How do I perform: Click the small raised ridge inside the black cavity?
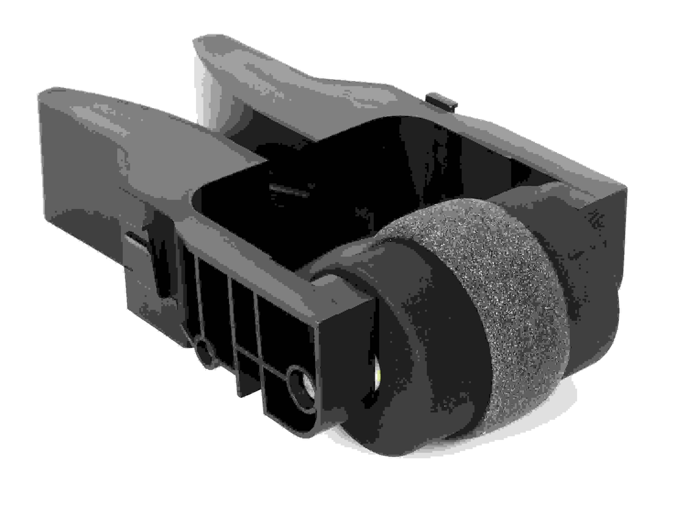click(x=289, y=188)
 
